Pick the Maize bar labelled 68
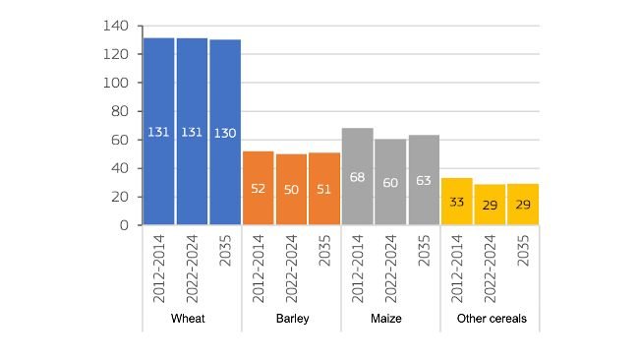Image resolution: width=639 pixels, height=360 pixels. click(358, 176)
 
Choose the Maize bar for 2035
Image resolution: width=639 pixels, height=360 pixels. click(424, 179)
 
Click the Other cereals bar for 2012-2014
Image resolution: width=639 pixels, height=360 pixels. click(457, 201)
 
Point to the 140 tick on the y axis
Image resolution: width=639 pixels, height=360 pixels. click(116, 26)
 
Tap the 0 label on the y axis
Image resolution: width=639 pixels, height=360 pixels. click(125, 225)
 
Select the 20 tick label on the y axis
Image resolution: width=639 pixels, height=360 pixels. click(120, 197)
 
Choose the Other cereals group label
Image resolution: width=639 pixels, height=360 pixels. click(491, 319)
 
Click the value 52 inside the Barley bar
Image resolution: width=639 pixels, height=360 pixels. click(258, 188)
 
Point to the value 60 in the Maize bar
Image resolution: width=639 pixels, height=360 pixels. click(390, 182)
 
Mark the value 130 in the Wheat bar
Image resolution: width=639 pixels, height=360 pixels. click(225, 132)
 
